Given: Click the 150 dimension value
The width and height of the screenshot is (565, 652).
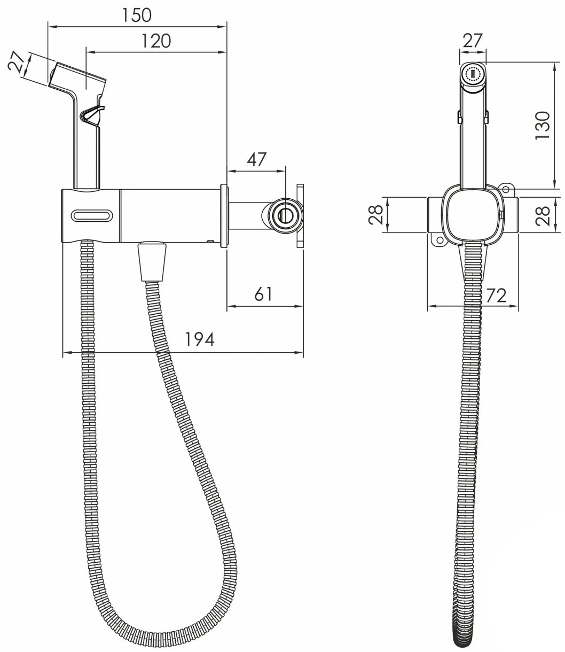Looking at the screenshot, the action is coord(137,15).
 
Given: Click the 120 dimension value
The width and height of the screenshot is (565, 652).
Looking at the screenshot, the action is coord(156,41).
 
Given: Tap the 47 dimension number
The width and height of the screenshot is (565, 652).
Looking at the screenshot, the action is coord(257,159).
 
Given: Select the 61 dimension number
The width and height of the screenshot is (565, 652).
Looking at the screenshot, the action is coord(263,294).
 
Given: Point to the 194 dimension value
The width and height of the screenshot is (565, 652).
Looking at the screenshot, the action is coord(199,339).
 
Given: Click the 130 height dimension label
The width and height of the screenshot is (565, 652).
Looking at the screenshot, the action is coord(543,125).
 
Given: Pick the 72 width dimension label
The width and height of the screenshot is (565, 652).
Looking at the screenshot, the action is coord(496,296).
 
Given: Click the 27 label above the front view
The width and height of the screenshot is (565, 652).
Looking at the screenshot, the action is coord(473,41).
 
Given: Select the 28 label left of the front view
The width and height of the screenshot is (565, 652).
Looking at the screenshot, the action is coord(375,215).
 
